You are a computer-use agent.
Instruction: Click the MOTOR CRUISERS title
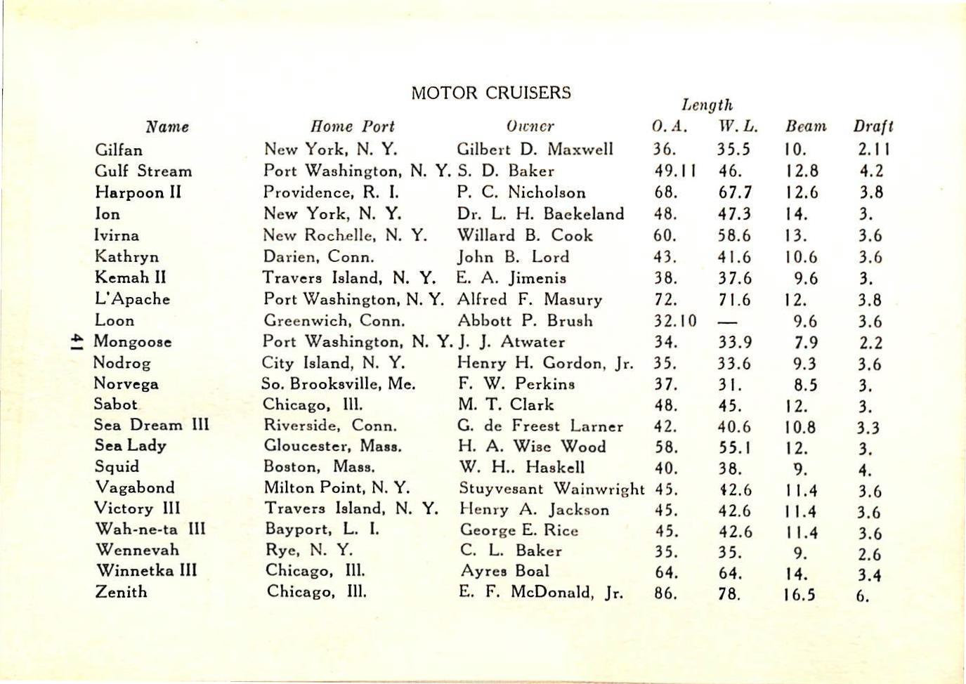490,93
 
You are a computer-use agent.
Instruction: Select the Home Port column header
352,126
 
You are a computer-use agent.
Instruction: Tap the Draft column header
873,126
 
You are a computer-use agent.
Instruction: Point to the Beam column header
806,126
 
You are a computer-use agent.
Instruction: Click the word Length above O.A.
707,105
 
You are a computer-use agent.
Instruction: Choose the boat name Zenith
121,591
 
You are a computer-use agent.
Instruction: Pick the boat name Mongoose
132,341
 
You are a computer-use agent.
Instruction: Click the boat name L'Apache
132,298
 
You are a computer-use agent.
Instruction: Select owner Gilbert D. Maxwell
535,149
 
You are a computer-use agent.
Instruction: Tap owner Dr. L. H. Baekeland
540,213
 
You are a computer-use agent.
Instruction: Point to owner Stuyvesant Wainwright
551,488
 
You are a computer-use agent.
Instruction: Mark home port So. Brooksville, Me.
339,383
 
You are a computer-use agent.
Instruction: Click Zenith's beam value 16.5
799,595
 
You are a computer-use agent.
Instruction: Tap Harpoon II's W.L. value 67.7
735,192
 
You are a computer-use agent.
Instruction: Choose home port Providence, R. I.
331,192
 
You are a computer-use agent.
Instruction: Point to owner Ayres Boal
504,571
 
